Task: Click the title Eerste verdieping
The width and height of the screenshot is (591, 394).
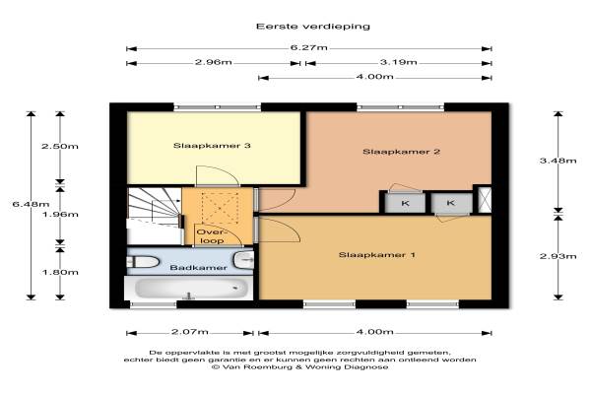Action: (313, 27)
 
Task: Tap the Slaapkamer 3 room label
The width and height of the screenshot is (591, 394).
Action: (212, 146)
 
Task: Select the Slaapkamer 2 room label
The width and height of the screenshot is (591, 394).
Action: (402, 152)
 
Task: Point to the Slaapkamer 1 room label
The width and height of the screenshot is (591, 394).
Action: (377, 255)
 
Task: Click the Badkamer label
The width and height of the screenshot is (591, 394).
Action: (198, 268)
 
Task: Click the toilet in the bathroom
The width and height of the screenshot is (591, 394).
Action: (143, 262)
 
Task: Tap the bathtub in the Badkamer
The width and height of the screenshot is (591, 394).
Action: (188, 288)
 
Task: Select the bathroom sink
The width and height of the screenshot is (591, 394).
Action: (243, 260)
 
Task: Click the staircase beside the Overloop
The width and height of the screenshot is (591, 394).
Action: (154, 217)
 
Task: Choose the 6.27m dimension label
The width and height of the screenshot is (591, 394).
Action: (308, 48)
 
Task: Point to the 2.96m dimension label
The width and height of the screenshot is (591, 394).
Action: (214, 62)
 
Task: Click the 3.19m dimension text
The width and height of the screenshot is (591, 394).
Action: (398, 62)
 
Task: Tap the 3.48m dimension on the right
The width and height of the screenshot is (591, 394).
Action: (558, 161)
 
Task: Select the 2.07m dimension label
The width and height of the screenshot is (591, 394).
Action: (190, 332)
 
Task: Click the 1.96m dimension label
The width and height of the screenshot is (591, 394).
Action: (60, 215)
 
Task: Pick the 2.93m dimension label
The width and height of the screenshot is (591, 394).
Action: (558, 256)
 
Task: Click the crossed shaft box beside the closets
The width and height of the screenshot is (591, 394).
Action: (485, 199)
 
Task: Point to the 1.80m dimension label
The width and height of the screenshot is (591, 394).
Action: (60, 272)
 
